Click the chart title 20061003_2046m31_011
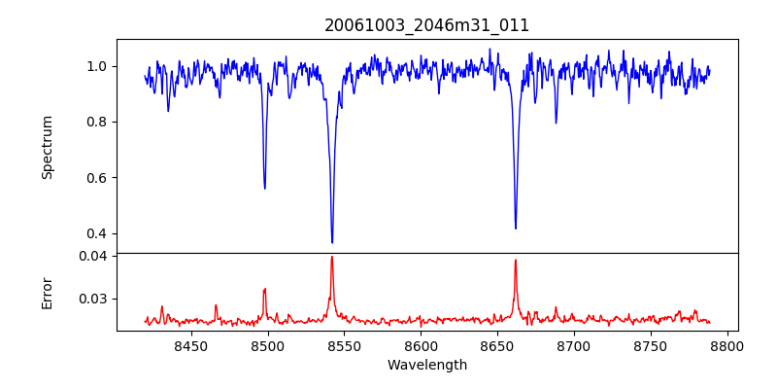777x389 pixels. click(x=426, y=26)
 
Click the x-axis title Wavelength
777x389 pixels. click(x=426, y=365)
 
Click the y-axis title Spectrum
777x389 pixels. click(x=47, y=147)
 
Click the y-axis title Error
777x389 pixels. click(x=47, y=293)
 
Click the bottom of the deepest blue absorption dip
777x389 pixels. click(x=332, y=242)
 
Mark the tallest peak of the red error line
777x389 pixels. click(x=332, y=257)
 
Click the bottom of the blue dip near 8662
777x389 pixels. click(x=516, y=229)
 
